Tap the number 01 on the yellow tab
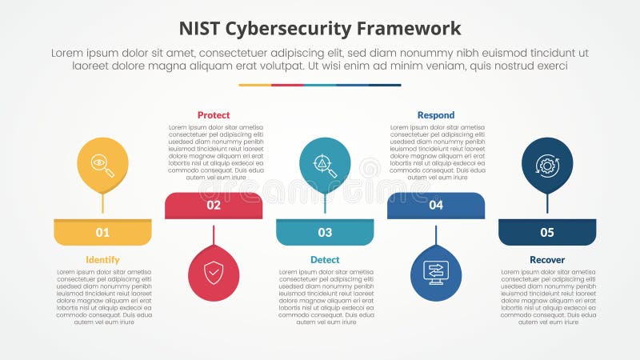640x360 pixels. pyautogui.click(x=102, y=233)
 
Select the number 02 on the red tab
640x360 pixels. pyautogui.click(x=214, y=206)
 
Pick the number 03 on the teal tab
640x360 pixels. pyautogui.click(x=325, y=233)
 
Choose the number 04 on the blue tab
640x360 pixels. pyautogui.click(x=436, y=206)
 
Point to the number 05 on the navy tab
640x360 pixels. pyautogui.click(x=547, y=233)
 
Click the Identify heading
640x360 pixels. pyautogui.click(x=102, y=260)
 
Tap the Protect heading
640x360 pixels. pyautogui.click(x=214, y=115)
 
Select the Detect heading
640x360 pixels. pyautogui.click(x=325, y=260)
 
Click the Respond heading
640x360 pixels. pyautogui.click(x=436, y=115)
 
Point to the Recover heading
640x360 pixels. pyautogui.click(x=547, y=260)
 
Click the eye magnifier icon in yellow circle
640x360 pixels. pyautogui.click(x=102, y=165)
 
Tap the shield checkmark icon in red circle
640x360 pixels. pyautogui.click(x=214, y=274)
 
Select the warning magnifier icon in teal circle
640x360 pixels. pyautogui.click(x=325, y=165)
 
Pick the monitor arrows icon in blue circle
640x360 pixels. pyautogui.click(x=436, y=274)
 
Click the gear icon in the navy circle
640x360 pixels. pyautogui.click(x=547, y=165)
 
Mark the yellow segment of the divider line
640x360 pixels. pyautogui.click(x=254, y=85)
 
